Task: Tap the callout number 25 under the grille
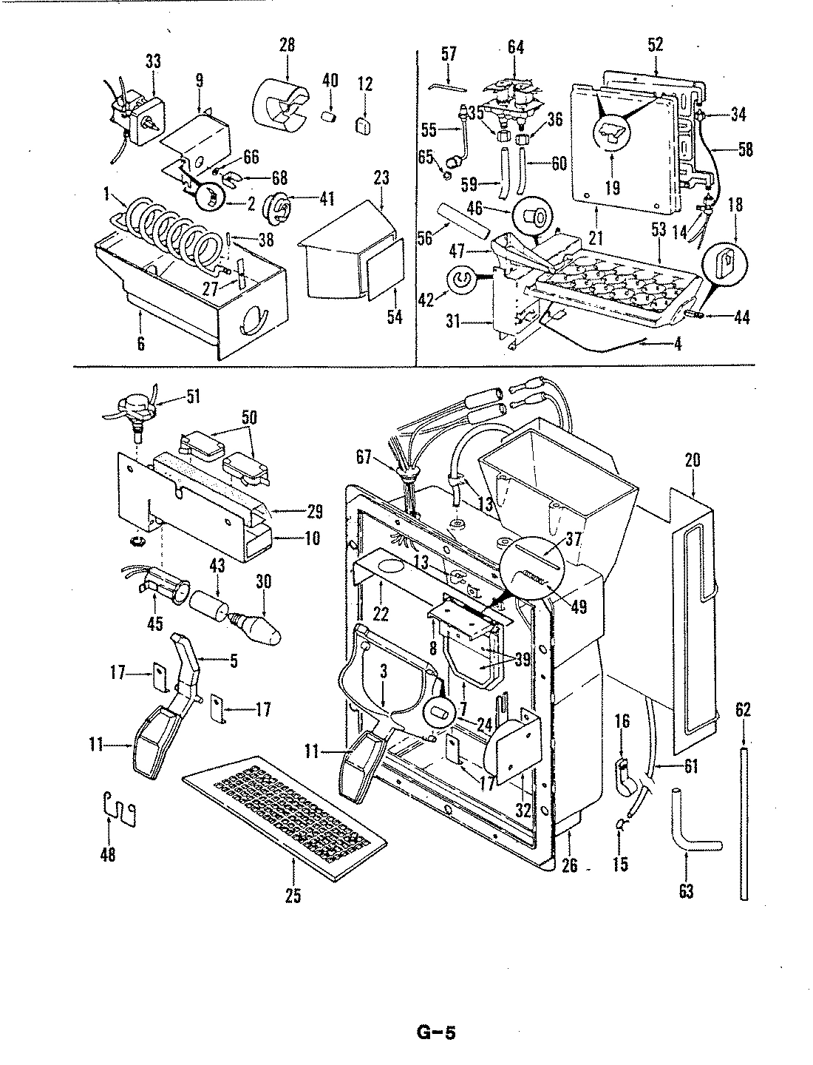(293, 896)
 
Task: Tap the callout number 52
(655, 44)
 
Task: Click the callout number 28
(287, 44)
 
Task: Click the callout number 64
(515, 47)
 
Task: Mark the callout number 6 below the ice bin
(141, 344)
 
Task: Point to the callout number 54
(395, 317)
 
